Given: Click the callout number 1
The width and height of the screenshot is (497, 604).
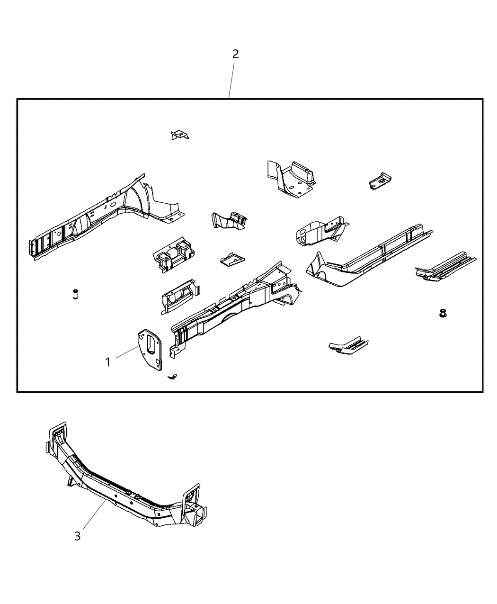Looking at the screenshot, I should [x=108, y=362].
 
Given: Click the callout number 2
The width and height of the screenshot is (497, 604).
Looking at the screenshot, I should [x=235, y=54].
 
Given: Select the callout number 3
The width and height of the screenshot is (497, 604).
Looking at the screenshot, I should [x=78, y=536].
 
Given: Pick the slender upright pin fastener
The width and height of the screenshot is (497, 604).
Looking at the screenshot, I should [x=75, y=294].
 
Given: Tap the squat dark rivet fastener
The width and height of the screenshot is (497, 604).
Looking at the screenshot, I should [x=443, y=313].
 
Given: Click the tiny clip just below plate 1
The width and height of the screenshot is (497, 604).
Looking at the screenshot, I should [x=173, y=377].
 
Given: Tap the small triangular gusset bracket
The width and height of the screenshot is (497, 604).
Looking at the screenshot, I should [x=179, y=135].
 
